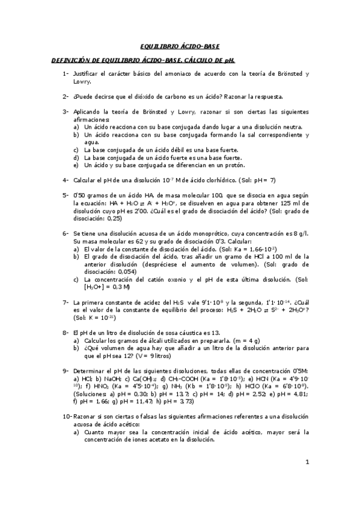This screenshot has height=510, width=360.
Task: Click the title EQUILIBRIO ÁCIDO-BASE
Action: point(180,46)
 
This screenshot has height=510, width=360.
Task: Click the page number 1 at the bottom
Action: point(307,462)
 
